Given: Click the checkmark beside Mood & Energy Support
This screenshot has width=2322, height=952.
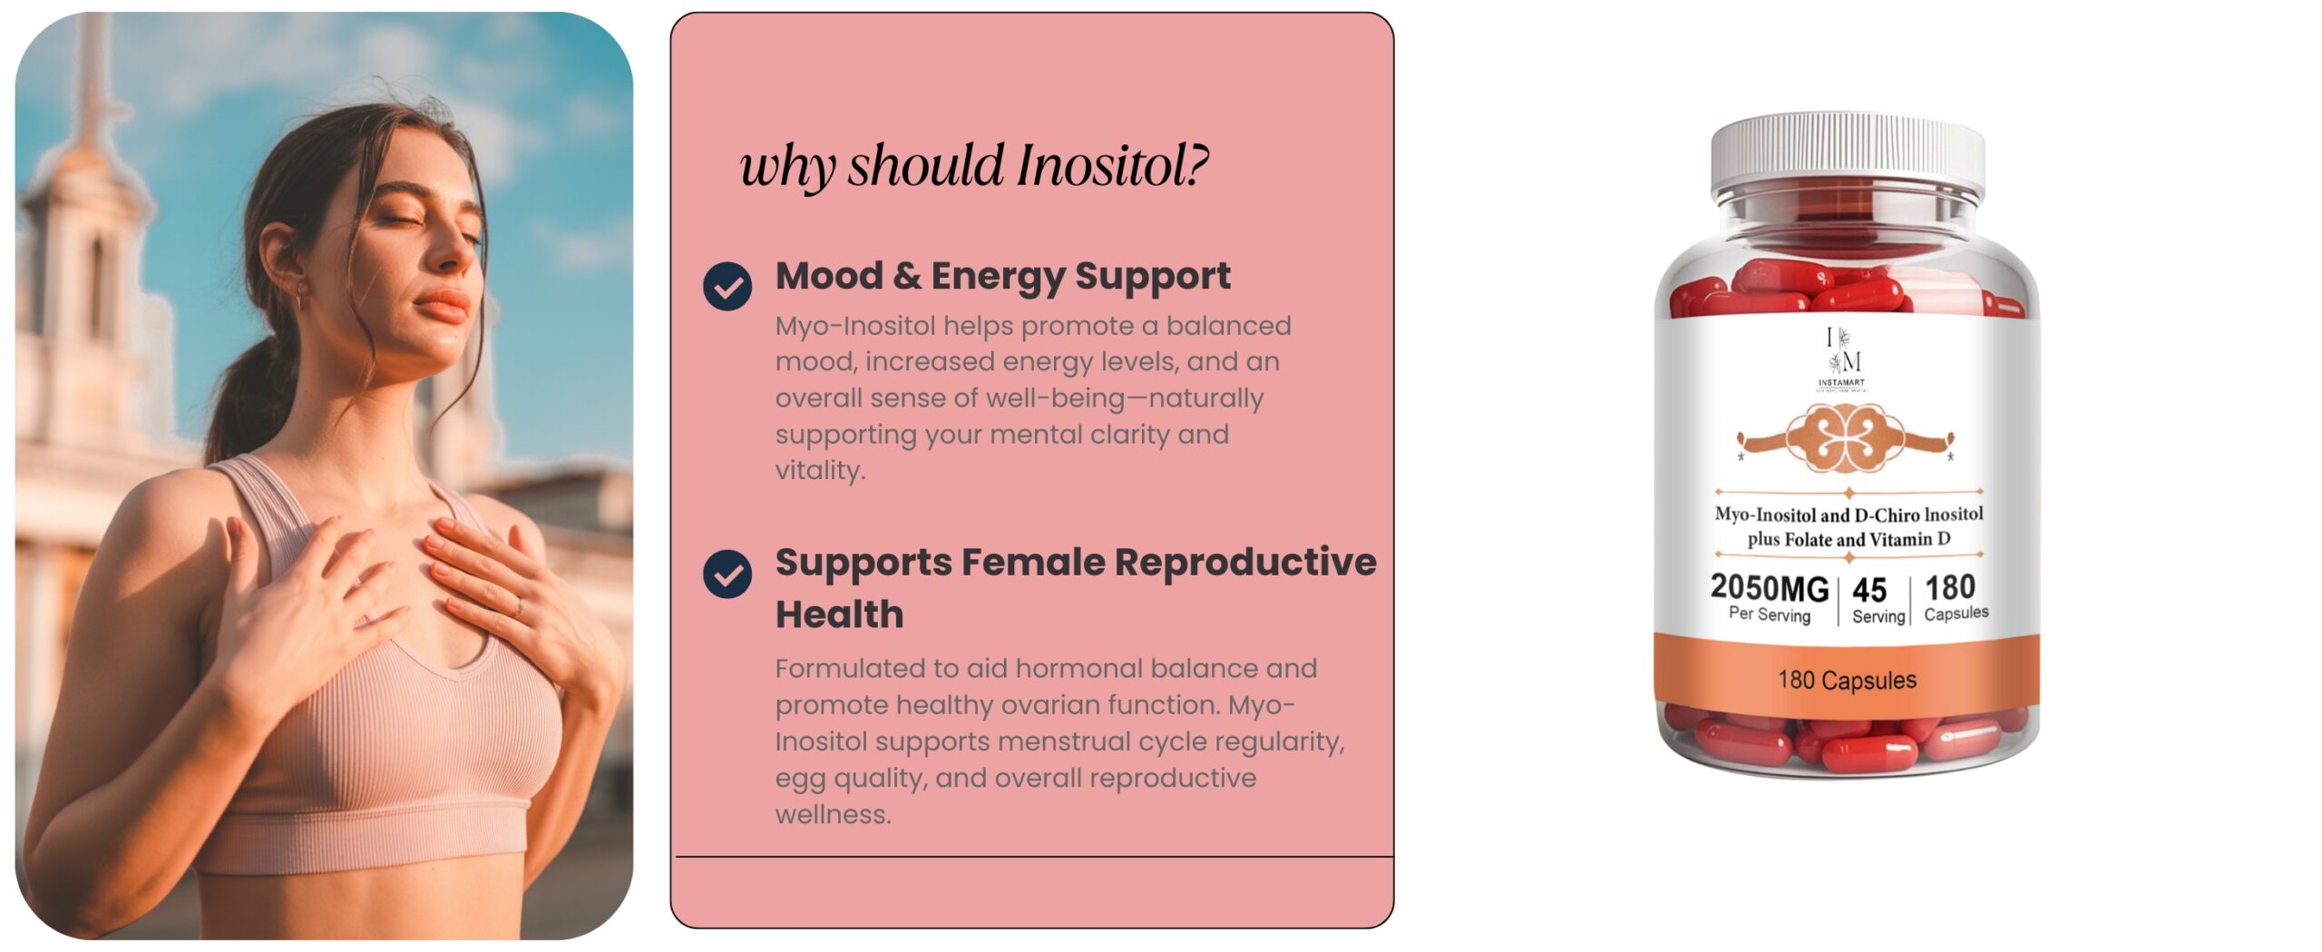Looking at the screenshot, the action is coord(727,287).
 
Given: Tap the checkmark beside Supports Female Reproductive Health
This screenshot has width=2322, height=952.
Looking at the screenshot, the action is coord(727,574).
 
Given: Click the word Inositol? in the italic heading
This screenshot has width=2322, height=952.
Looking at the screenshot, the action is coord(1113,166).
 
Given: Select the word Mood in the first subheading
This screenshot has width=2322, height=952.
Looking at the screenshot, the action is coord(829,276).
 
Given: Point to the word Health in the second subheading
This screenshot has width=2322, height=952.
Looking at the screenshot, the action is coord(840,614).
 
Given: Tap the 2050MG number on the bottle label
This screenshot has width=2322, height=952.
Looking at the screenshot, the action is coord(1770,588).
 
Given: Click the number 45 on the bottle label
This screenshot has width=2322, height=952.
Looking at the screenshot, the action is coord(1869,590).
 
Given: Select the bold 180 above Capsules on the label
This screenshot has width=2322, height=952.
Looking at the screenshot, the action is coord(1950,587).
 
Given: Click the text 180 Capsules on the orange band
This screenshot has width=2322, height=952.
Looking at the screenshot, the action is coord(1848,680).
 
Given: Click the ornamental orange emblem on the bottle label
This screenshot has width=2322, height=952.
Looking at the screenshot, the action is coord(1846,438).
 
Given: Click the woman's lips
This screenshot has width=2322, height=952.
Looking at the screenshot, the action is coord(443,306).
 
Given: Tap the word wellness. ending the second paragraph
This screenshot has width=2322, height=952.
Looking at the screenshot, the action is coord(834,814).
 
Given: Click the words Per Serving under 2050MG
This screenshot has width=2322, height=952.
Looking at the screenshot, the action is coord(1770,614).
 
